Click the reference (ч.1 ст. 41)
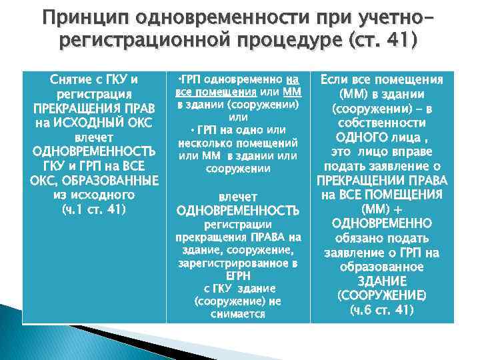click(x=94, y=210)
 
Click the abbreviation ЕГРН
click(x=237, y=276)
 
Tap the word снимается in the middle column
click(x=237, y=313)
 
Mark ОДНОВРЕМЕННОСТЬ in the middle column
click(x=237, y=211)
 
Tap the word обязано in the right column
click(x=360, y=238)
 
